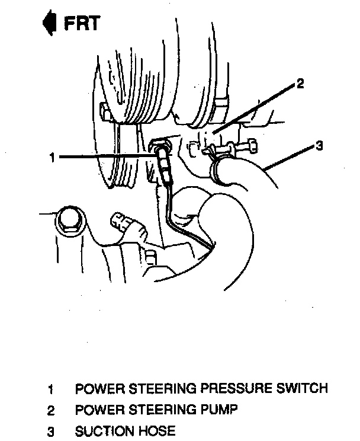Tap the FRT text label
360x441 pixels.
[81, 24]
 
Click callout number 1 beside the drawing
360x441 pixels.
[52, 158]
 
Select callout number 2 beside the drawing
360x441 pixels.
[300, 84]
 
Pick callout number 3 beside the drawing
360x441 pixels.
[319, 146]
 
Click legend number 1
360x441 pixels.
[52, 390]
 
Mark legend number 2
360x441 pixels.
[52, 410]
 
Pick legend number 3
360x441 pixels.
[52, 430]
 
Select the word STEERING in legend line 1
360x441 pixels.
[158, 389]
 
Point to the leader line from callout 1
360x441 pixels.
[107, 156]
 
